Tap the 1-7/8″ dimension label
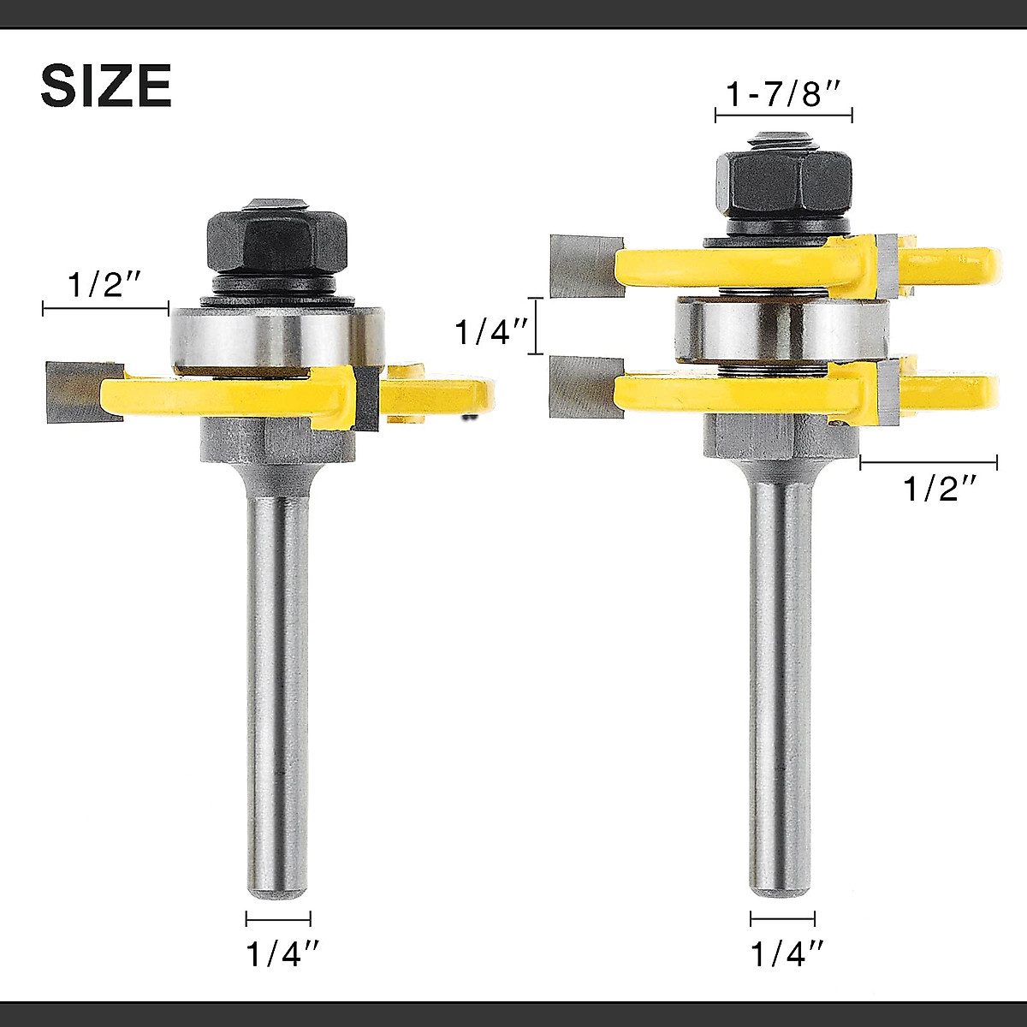(784, 93)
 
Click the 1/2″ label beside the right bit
(941, 489)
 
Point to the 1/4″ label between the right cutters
(490, 331)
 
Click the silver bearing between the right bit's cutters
(779, 329)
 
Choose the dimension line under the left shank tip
(278, 920)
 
